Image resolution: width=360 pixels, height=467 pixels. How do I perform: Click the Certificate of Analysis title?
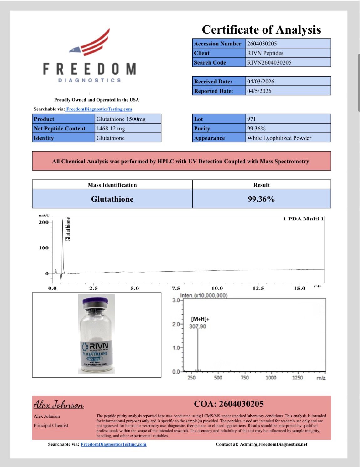pos(261,30)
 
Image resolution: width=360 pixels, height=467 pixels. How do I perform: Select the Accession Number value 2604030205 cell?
pos(262,44)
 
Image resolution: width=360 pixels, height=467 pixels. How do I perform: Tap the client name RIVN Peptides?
pos(265,53)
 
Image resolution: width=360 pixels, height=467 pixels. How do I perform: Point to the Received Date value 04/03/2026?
pos(261,82)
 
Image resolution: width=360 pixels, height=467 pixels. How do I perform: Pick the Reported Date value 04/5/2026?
pos(259,91)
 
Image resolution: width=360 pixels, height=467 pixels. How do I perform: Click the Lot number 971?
pos(252,119)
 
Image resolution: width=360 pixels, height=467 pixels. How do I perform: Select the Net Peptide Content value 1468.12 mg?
pos(111,129)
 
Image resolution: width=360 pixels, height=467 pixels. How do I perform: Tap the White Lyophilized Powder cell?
pos(279,138)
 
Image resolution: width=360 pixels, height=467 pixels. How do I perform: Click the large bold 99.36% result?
pos(261,199)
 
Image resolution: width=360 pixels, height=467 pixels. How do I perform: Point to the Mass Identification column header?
pos(112,185)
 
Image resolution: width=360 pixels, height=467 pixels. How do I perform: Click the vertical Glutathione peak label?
pos(68,229)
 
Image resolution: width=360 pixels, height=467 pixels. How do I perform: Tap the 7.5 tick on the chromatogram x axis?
pos(176,288)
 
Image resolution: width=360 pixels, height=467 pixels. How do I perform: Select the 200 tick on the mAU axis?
pos(44,222)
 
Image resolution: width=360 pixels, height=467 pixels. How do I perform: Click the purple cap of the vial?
pos(95,302)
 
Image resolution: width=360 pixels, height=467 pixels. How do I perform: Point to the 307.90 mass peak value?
pos(198,326)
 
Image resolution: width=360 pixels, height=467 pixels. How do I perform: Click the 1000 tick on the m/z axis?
pos(271,378)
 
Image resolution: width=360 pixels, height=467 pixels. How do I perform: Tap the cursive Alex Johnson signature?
pos(59,405)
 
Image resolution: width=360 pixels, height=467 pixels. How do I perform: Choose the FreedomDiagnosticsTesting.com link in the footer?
pos(113,444)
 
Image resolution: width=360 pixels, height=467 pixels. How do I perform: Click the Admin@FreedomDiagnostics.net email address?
pos(274,444)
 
